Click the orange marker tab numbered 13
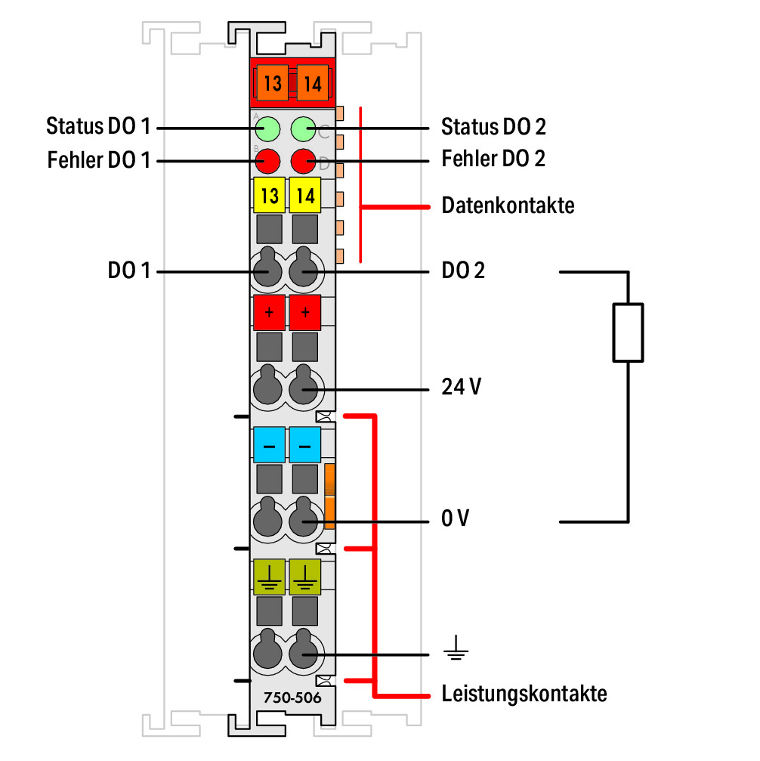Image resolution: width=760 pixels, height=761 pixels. pyautogui.click(x=272, y=83)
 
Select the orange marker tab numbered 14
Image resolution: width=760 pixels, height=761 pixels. pyautogui.click(x=313, y=83)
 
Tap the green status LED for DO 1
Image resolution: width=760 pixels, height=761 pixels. pyautogui.click(x=267, y=128)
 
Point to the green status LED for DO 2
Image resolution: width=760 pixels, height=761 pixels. pyautogui.click(x=304, y=128)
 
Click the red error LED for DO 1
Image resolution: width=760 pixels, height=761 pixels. pyautogui.click(x=267, y=161)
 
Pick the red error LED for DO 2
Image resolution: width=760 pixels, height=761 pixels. pyautogui.click(x=304, y=161)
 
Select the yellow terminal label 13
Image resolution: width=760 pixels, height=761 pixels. pyautogui.click(x=269, y=195)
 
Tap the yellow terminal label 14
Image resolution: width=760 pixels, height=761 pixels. pyautogui.click(x=304, y=195)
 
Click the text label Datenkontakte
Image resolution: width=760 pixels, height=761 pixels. pyautogui.click(x=508, y=206)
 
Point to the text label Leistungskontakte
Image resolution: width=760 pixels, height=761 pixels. pyautogui.click(x=524, y=694)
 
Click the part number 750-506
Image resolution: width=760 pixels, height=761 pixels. pyautogui.click(x=292, y=698)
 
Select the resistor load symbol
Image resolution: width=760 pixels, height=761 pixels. pyautogui.click(x=628, y=333)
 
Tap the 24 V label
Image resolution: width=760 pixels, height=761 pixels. pyautogui.click(x=461, y=387)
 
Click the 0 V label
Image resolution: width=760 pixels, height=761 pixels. pyautogui.click(x=456, y=518)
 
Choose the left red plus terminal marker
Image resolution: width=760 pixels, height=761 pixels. pyautogui.click(x=269, y=312)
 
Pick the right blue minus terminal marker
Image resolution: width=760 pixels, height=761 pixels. pyautogui.click(x=304, y=444)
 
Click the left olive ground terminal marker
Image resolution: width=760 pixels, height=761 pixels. pyautogui.click(x=269, y=577)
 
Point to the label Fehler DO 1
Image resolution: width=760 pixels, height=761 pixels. pyautogui.click(x=98, y=160)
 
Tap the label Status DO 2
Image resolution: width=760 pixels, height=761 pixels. pyautogui.click(x=493, y=127)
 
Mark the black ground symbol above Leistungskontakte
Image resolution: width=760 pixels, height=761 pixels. pyautogui.click(x=456, y=648)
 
